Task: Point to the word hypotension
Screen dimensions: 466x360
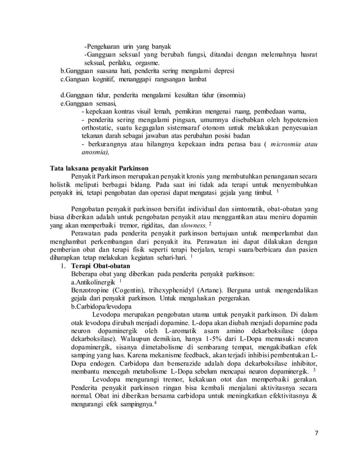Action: (289, 119)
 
